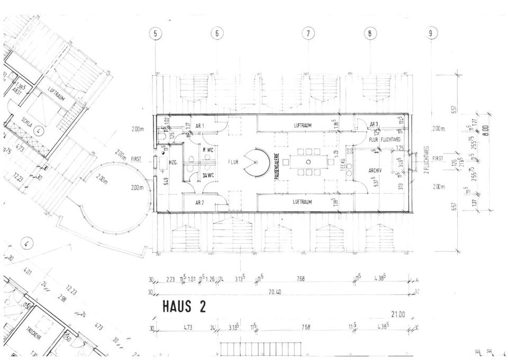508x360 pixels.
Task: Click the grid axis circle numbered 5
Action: [155, 34]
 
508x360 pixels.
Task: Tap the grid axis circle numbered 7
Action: [308, 34]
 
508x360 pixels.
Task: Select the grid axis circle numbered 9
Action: [432, 34]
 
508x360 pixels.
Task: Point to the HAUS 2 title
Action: [184, 306]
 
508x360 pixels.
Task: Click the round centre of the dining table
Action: [308, 161]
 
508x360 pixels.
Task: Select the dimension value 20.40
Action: [275, 291]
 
